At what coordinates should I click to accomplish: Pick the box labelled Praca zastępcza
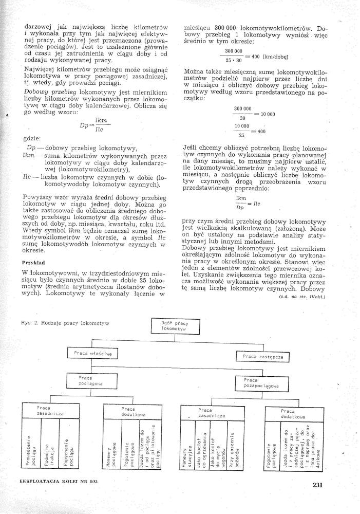click(262, 356)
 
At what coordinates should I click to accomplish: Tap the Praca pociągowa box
click(91, 381)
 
